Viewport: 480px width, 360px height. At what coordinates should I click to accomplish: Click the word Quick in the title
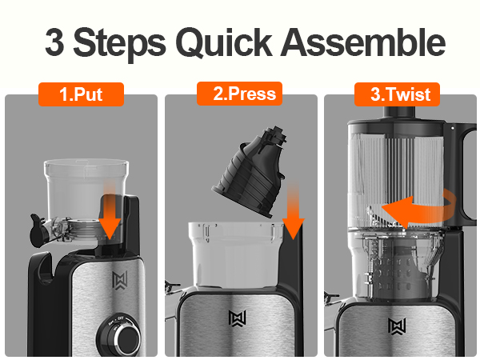pyautogui.click(x=224, y=43)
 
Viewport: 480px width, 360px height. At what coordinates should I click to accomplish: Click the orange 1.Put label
pyautogui.click(x=81, y=94)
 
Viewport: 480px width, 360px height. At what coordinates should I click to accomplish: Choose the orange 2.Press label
pyautogui.click(x=239, y=94)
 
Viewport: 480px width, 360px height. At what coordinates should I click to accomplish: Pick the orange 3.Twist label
pyautogui.click(x=397, y=94)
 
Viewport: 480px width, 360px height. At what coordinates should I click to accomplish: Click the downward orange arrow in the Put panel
pyautogui.click(x=110, y=211)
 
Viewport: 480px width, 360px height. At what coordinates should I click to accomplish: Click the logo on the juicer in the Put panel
pyautogui.click(x=120, y=280)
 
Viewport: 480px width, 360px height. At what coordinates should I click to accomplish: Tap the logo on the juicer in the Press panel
pyautogui.click(x=238, y=318)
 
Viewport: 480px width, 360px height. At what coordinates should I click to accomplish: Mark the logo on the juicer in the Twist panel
pyautogui.click(x=397, y=326)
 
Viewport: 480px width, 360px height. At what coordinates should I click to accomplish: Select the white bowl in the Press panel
pyautogui.click(x=236, y=254)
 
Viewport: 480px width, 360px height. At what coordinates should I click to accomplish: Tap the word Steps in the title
pyautogui.click(x=119, y=43)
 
